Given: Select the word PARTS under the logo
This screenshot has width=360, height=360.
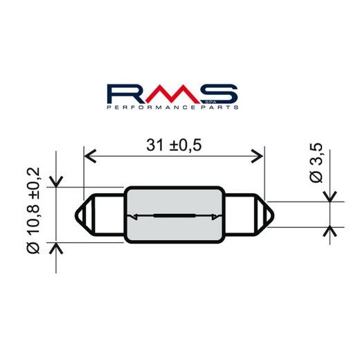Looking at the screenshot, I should pos(222,108).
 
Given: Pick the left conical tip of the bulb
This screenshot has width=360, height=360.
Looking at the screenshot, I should pos(84,214).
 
